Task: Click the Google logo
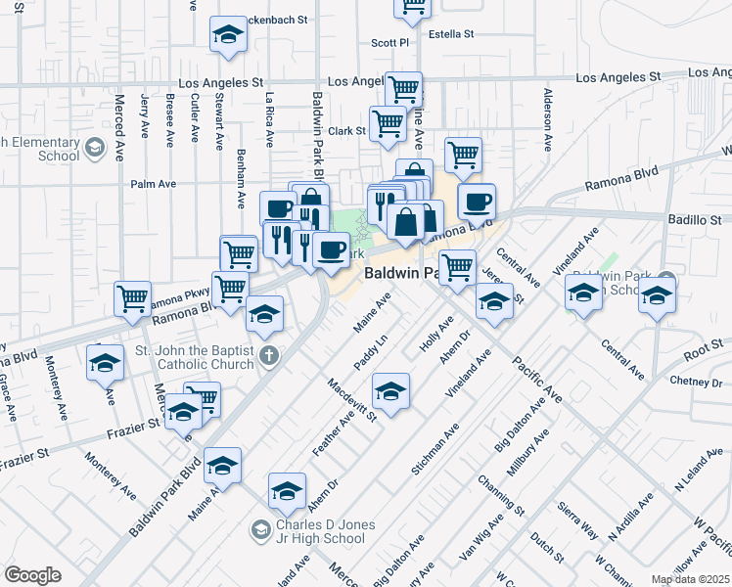click(32, 575)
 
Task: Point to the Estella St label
click(448, 33)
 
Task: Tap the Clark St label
click(346, 130)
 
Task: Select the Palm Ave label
click(153, 183)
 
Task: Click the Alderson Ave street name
click(548, 122)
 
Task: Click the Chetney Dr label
click(696, 380)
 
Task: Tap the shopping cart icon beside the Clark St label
click(389, 123)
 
